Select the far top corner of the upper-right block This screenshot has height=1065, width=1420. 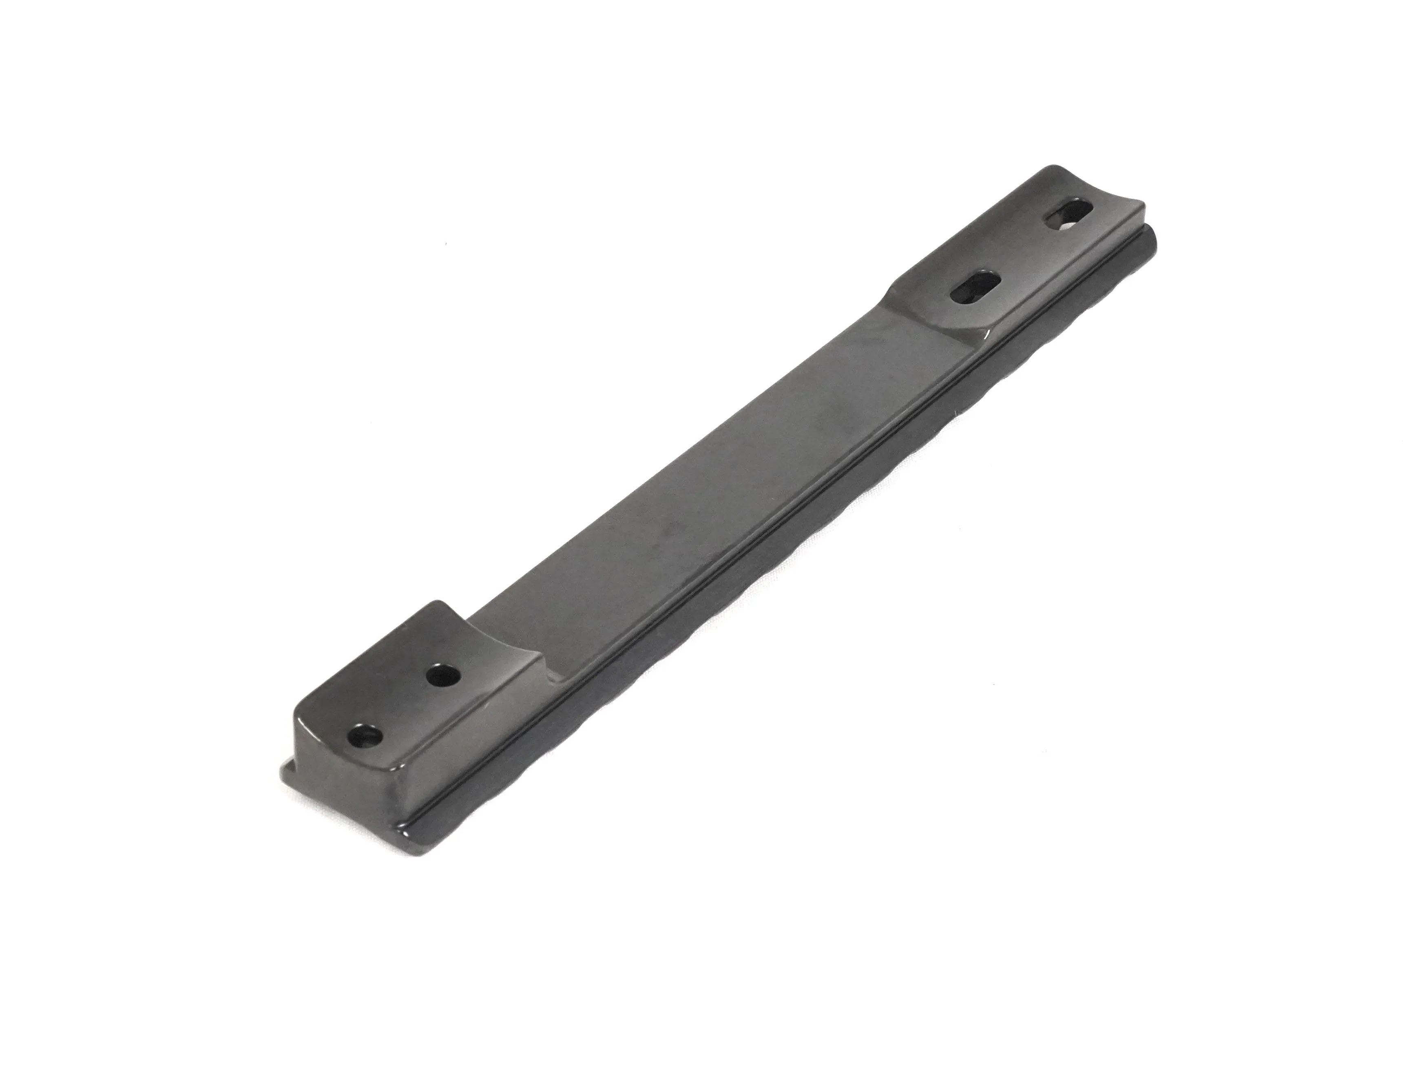tap(1053, 170)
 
